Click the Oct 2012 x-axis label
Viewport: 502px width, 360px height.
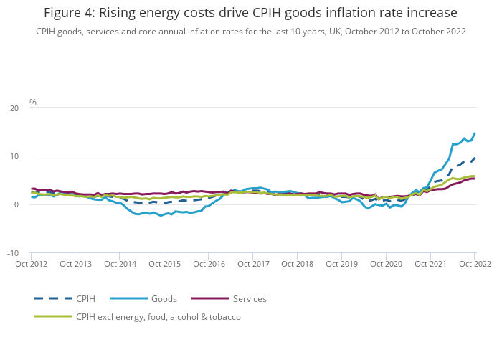tap(31, 264)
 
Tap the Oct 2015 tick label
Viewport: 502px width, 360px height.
tap(164, 264)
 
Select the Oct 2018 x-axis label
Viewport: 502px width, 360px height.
tap(297, 264)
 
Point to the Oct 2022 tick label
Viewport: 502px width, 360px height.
tap(474, 264)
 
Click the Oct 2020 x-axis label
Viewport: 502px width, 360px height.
tap(386, 264)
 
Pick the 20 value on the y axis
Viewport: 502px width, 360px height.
tap(15, 108)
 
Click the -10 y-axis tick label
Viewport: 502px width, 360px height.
tap(14, 253)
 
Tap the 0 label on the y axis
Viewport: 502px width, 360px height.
tap(17, 204)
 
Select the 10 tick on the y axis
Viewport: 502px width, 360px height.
tap(15, 156)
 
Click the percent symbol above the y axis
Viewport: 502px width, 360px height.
tap(33, 103)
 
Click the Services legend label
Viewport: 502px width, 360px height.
tap(249, 298)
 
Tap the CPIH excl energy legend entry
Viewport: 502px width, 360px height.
tap(158, 316)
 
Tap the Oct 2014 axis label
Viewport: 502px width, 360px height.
tap(120, 264)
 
